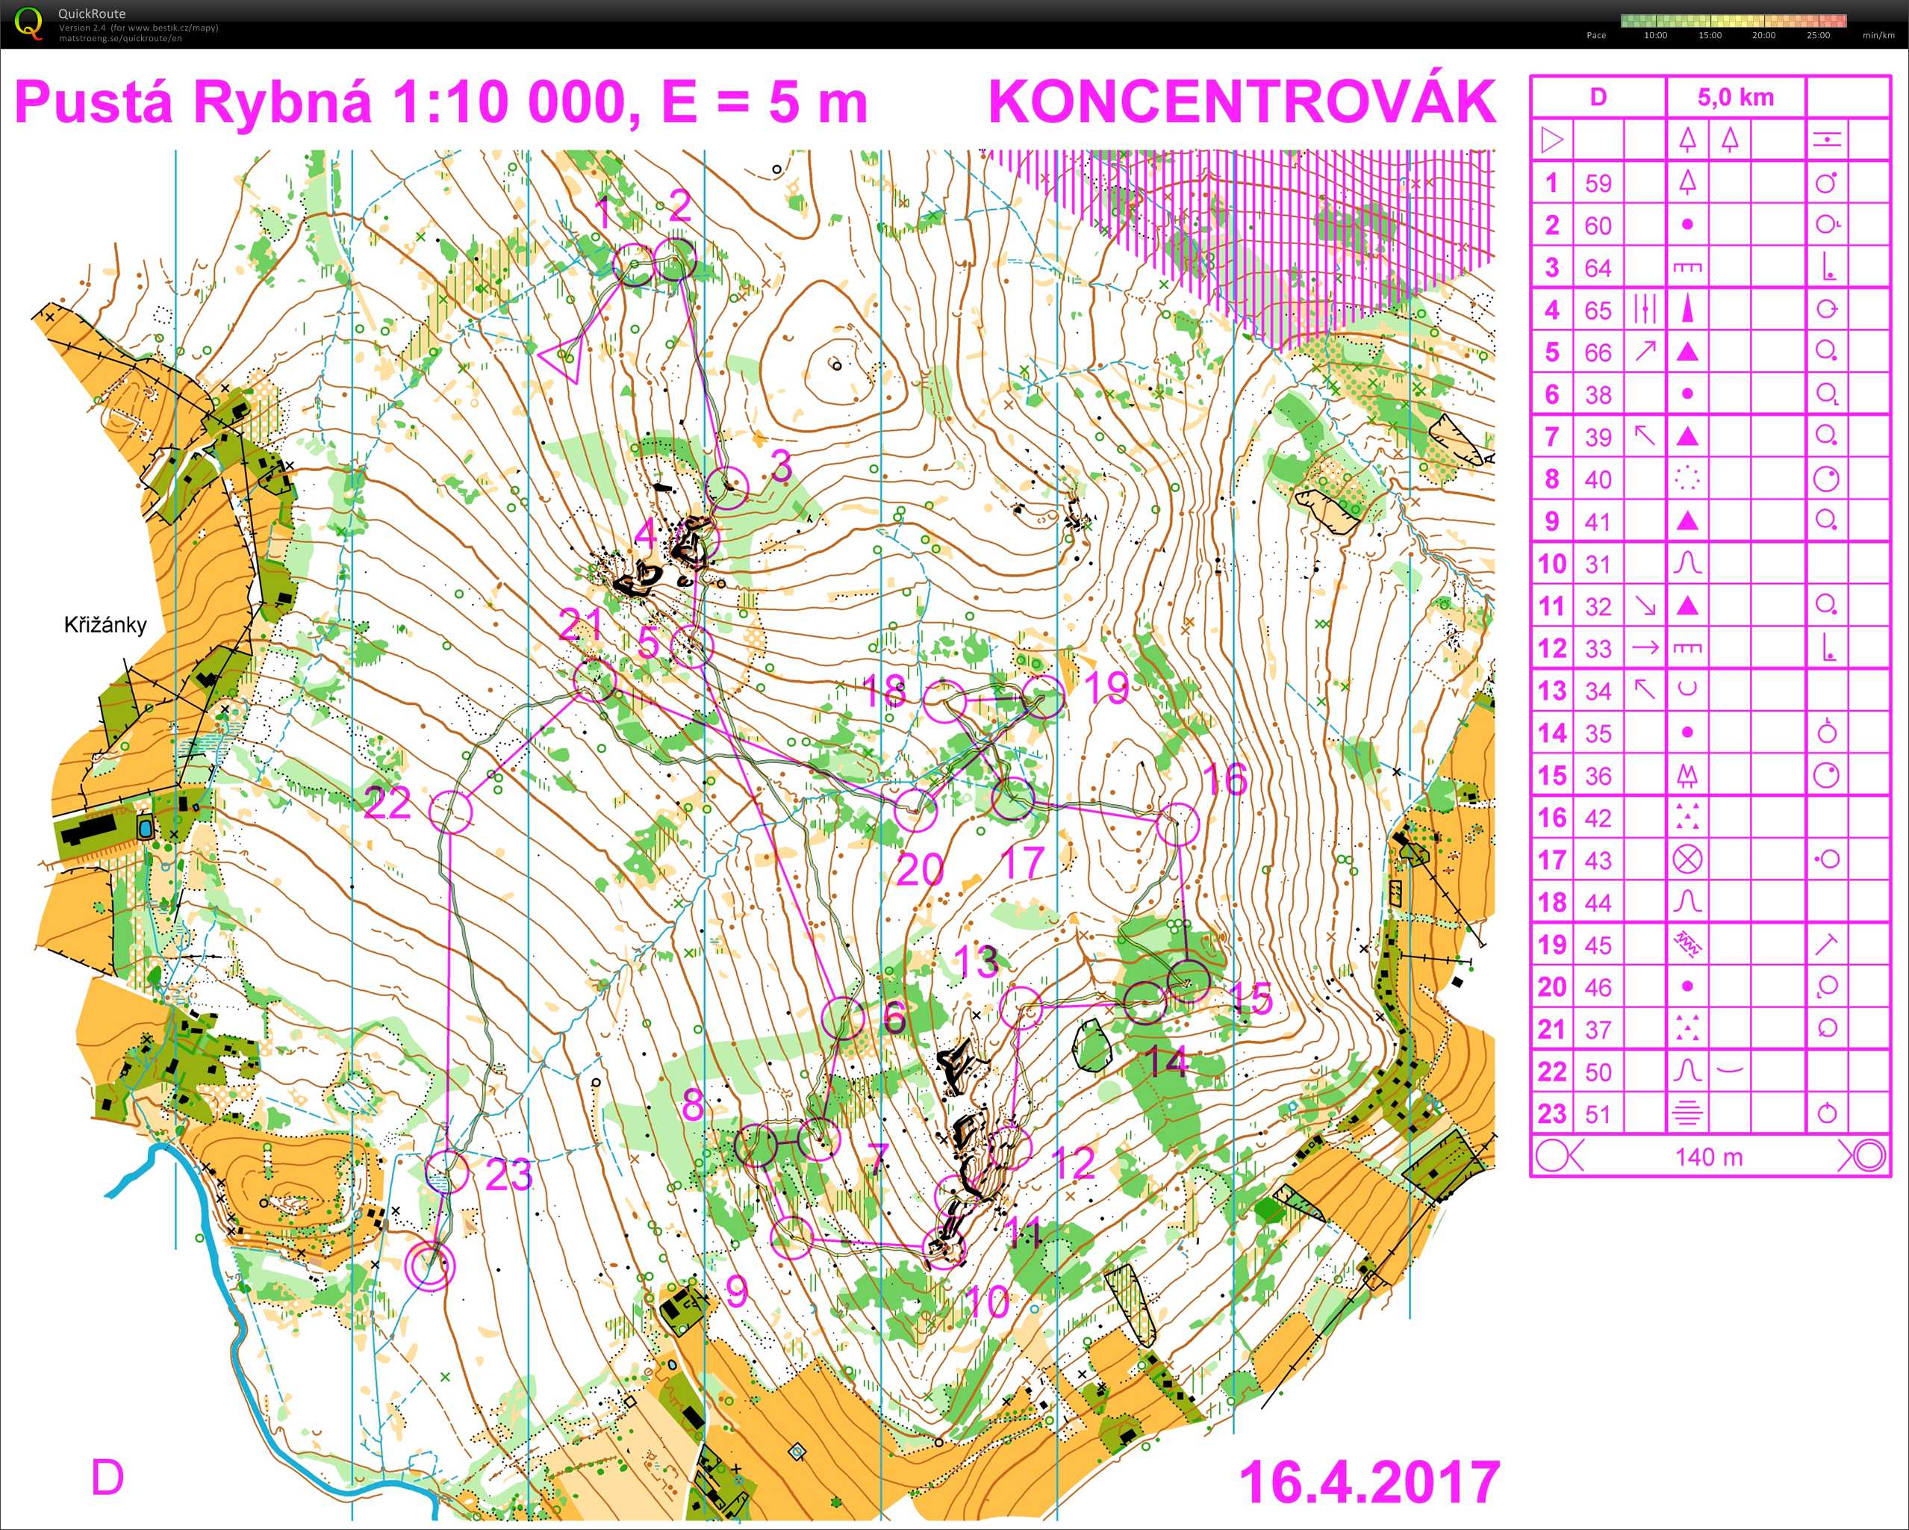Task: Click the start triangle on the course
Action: coord(561,357)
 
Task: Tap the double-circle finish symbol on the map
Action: coord(429,1265)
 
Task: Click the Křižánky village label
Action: coord(105,625)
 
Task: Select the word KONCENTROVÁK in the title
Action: coord(1242,103)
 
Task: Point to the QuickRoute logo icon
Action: coord(28,23)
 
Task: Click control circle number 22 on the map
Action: coord(451,811)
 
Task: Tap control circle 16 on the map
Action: coord(1177,824)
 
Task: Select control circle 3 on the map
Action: coord(728,488)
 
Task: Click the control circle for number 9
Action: coord(791,1237)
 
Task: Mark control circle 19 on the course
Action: coord(1043,697)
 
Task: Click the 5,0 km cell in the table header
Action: coord(1736,97)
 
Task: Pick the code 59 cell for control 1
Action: coord(1598,183)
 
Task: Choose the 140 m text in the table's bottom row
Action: coord(1709,1157)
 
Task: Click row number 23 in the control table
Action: coord(1552,1114)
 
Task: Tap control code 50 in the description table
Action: coord(1598,1072)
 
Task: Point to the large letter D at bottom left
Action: coord(108,1478)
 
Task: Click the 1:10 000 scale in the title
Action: coord(514,103)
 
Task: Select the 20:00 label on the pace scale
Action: coord(1763,35)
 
